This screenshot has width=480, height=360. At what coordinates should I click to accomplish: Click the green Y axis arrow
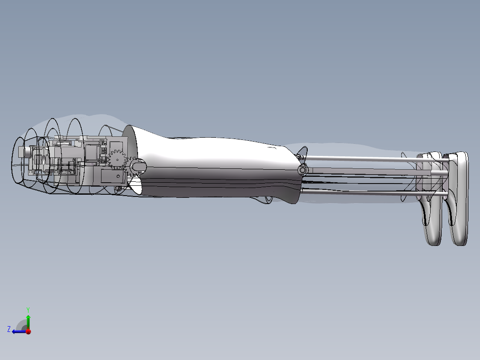[x=28, y=320]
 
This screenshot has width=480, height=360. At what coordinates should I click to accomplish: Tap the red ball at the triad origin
[x=28, y=331]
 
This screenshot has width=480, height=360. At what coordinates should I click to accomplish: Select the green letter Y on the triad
[x=28, y=309]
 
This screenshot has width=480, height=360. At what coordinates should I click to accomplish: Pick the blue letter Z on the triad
[x=9, y=329]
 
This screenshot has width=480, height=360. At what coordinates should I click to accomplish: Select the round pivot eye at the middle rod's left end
[x=303, y=170]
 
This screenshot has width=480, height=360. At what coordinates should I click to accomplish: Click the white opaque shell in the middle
[x=214, y=165]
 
